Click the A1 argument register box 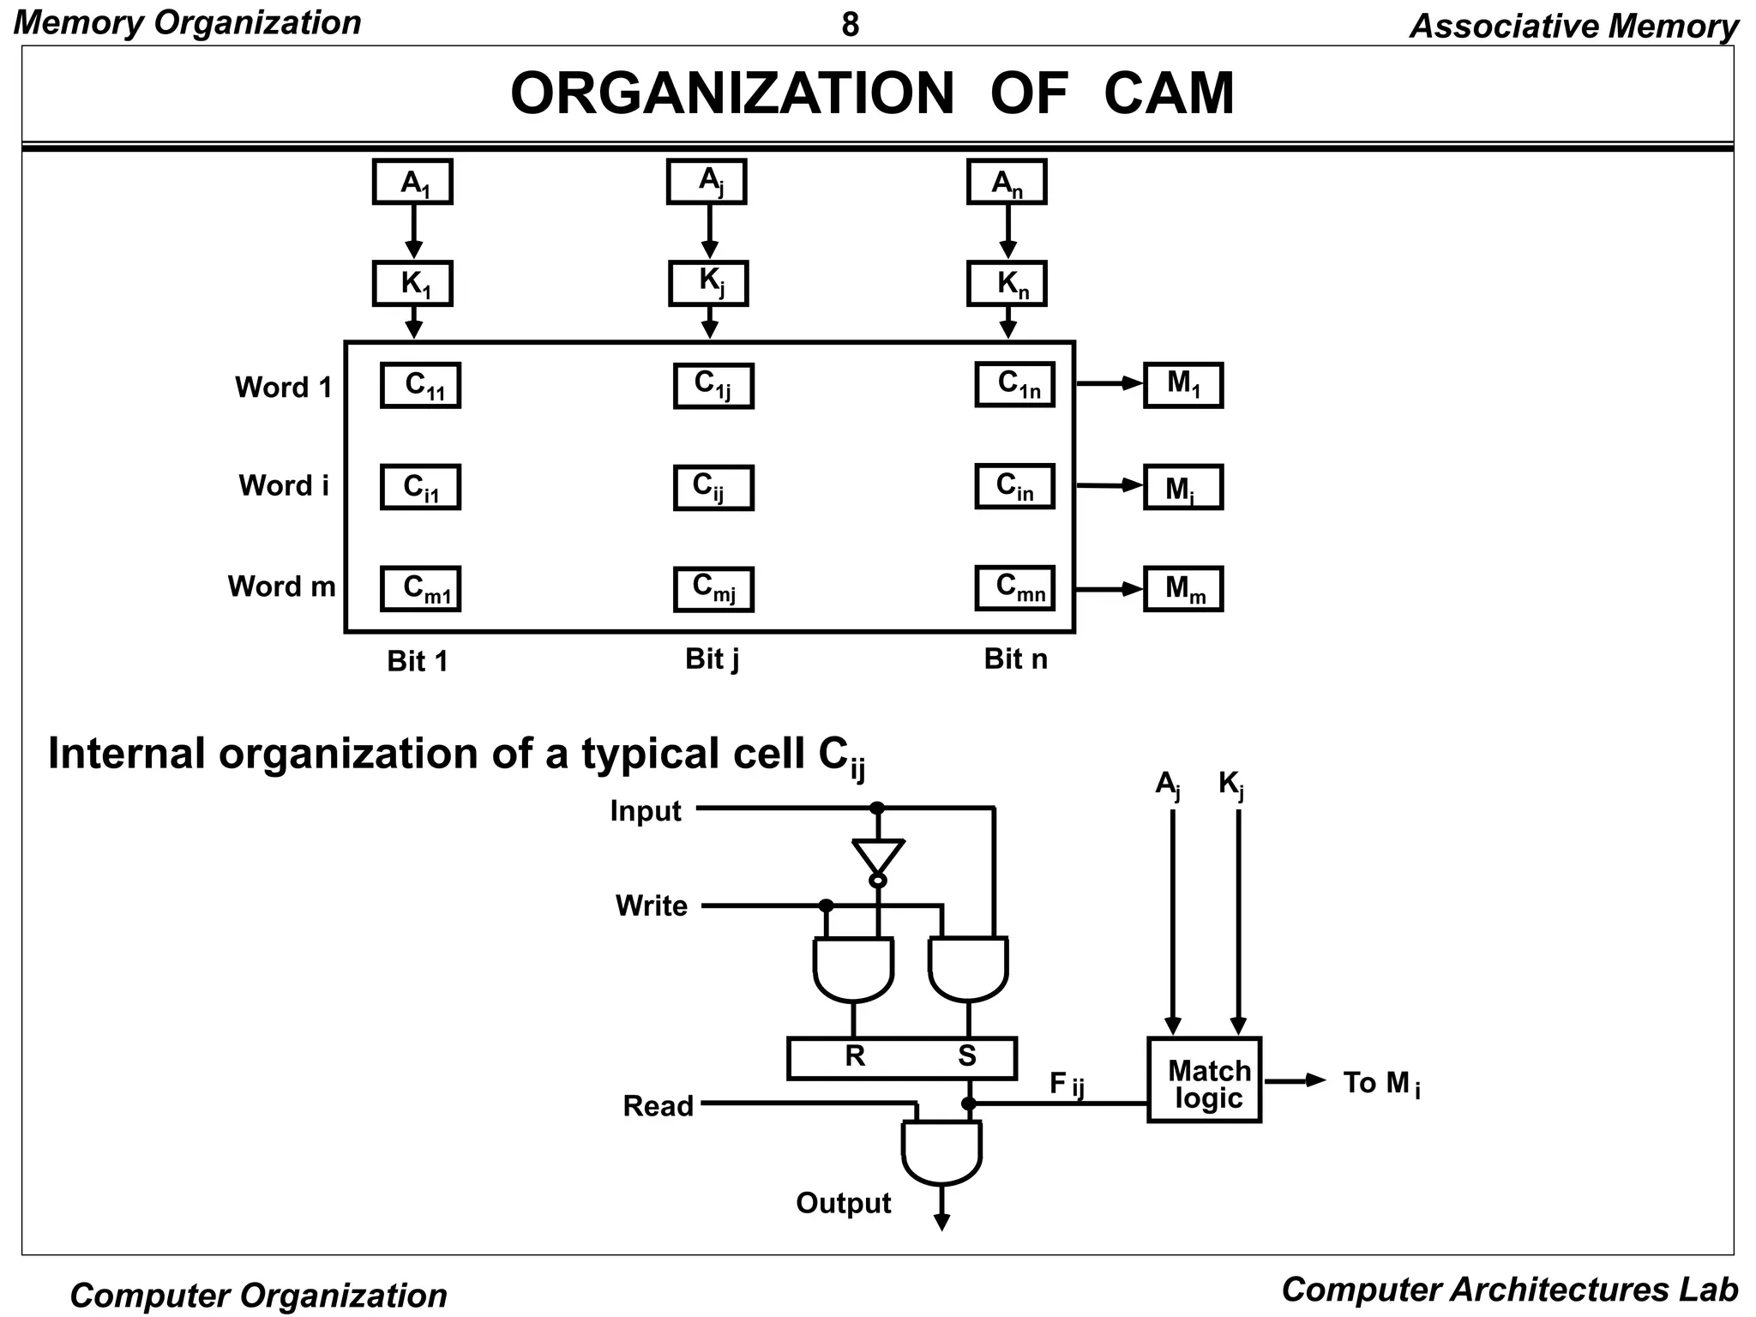(x=412, y=182)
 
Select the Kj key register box (x=708, y=283)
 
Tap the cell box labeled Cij (x=713, y=488)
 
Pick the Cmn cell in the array (x=1014, y=588)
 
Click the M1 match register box (x=1183, y=385)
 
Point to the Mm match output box (x=1183, y=589)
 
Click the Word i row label (x=284, y=486)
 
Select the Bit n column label (x=1015, y=659)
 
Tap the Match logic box (x=1204, y=1079)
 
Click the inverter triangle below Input (x=877, y=857)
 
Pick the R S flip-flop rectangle (x=901, y=1058)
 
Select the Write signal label (x=652, y=906)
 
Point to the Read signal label (x=658, y=1106)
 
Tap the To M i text (x=1381, y=1084)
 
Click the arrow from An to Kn (x=1007, y=232)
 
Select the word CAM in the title (x=1169, y=93)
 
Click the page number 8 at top (x=850, y=25)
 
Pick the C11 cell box (x=420, y=385)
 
